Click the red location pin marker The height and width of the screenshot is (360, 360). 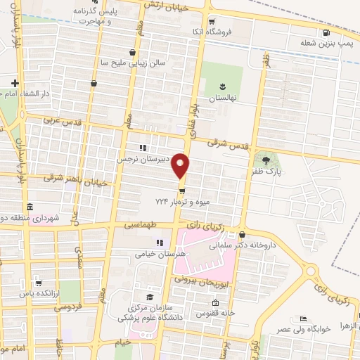181,165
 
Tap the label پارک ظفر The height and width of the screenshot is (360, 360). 267,171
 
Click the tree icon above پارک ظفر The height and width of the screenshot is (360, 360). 265,160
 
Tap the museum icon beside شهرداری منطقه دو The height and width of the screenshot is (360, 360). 29,207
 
